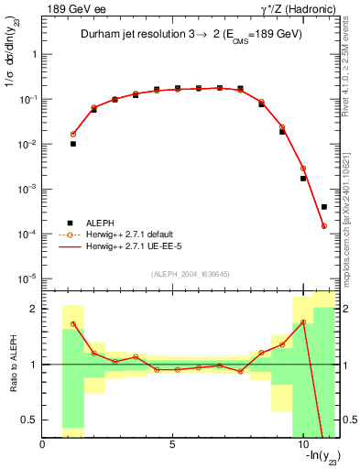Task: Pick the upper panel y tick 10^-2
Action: point(27,144)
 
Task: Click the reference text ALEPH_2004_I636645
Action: point(190,275)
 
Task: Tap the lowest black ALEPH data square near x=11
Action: point(324,207)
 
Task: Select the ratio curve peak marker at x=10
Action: point(303,322)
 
